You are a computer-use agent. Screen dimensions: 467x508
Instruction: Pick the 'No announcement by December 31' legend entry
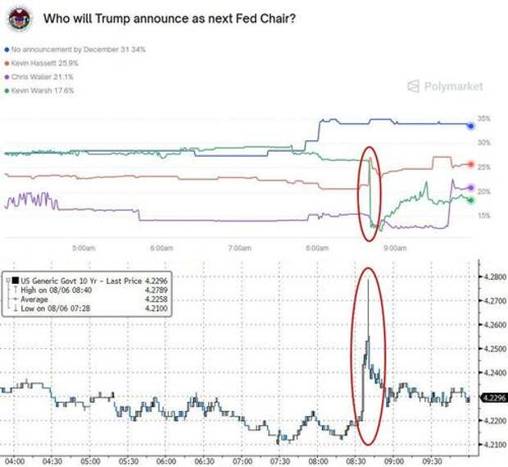(x=75, y=49)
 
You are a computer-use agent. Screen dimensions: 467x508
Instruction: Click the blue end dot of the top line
(x=470, y=126)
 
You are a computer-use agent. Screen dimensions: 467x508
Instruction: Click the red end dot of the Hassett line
(x=470, y=165)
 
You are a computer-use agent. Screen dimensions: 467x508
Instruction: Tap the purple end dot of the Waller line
(x=470, y=188)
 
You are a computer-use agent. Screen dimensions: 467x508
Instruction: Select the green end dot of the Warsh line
(x=470, y=199)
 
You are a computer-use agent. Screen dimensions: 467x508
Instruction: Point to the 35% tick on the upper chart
(x=484, y=119)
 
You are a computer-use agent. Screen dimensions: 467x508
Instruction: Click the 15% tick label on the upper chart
(x=484, y=216)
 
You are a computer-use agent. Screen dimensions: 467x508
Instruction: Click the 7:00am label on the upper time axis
(x=239, y=247)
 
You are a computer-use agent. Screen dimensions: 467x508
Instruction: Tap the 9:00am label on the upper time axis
(x=395, y=247)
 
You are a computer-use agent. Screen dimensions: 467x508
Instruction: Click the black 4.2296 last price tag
(x=491, y=398)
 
